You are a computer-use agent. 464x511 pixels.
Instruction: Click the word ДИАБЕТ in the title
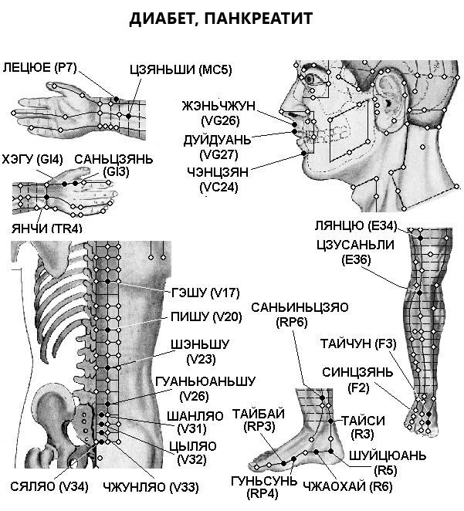164,19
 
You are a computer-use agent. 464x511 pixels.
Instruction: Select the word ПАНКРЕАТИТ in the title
259,19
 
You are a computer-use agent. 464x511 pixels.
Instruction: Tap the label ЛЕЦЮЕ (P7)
39,67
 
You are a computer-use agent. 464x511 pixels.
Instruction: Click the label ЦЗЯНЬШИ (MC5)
181,69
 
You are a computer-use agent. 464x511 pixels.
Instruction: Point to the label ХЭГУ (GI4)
32,159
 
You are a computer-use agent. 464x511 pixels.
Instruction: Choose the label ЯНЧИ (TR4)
46,228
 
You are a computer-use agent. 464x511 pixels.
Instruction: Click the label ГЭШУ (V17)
205,293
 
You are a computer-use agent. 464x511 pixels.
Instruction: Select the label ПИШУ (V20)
206,316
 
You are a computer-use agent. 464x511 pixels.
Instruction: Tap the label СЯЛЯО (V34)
49,487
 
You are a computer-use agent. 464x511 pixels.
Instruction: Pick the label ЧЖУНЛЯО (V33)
151,488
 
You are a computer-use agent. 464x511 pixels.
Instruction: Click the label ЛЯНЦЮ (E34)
355,225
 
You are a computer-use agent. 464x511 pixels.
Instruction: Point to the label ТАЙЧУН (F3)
358,343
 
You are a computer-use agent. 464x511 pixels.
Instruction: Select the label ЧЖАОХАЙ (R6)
347,487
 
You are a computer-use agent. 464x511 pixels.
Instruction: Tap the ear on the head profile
389,100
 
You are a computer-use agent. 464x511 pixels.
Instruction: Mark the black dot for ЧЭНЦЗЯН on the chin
303,153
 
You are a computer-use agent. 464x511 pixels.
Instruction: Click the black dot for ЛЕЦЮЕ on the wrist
117,99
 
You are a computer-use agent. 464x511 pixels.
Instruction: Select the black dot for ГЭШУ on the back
107,281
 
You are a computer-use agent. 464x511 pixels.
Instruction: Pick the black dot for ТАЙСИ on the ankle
330,421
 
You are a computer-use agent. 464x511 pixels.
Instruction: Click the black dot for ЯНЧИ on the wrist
46,197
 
